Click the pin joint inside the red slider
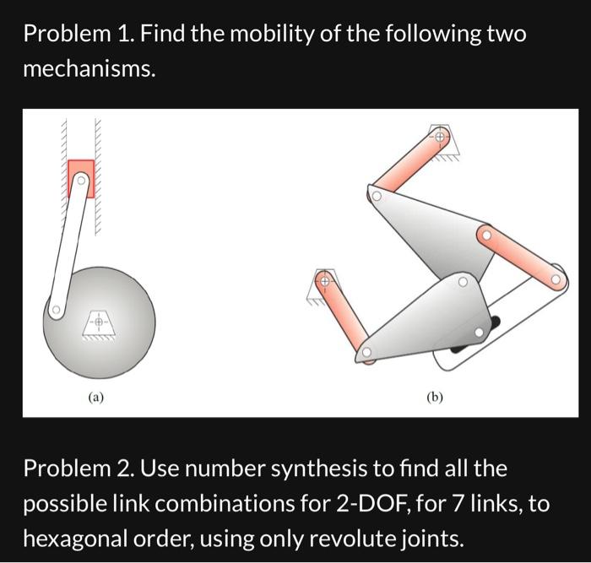pos(81,180)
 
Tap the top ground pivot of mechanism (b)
pos(440,135)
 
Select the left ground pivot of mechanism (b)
pos(322,279)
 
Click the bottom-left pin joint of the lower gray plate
pos(367,354)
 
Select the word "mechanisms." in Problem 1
pos(89,70)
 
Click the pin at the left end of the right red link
pos(485,234)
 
